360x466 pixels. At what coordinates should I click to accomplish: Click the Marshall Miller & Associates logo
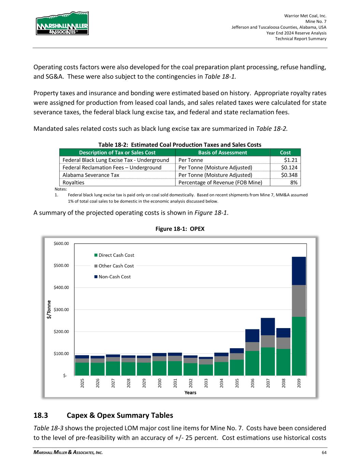click(62, 24)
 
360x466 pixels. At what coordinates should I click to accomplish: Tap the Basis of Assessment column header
click(222, 153)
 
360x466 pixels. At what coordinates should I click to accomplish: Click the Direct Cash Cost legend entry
click(114, 255)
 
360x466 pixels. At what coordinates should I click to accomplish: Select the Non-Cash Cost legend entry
click(113, 277)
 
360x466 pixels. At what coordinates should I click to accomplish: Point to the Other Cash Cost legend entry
click(114, 266)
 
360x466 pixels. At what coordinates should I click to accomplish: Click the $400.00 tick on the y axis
click(61, 287)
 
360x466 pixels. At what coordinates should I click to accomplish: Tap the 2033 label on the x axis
click(206, 383)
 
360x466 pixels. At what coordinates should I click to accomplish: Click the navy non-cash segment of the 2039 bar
click(299, 271)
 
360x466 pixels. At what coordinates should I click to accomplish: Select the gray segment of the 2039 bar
click(299, 301)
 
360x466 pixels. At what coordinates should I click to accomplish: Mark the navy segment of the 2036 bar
click(252, 336)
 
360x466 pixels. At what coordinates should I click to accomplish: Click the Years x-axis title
click(190, 393)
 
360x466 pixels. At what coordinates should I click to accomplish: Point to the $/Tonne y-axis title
click(49, 309)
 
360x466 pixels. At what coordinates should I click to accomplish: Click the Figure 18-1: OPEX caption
click(180, 229)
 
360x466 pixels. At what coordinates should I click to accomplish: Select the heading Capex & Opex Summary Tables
click(120, 415)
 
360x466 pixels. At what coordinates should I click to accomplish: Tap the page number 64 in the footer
click(324, 453)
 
